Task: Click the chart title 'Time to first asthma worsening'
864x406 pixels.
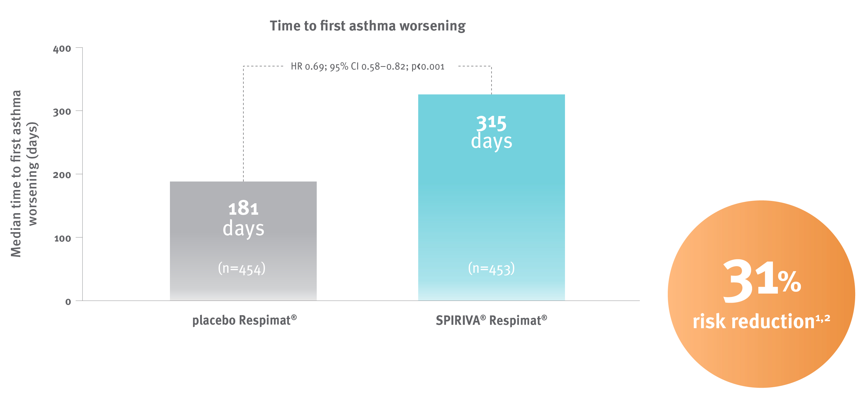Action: point(368,26)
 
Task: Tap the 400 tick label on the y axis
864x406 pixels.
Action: point(62,49)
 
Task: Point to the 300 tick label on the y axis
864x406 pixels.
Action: point(62,112)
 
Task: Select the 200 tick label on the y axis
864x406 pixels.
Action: point(62,175)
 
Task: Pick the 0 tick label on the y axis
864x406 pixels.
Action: point(68,302)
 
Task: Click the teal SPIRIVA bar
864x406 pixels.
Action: point(491,208)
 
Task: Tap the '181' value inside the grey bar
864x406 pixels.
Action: point(243,208)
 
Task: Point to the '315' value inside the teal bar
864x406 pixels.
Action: point(491,123)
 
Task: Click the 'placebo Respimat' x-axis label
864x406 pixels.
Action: point(244,320)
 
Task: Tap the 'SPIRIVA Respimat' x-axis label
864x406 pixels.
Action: point(491,320)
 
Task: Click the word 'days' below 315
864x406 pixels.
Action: point(491,141)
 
